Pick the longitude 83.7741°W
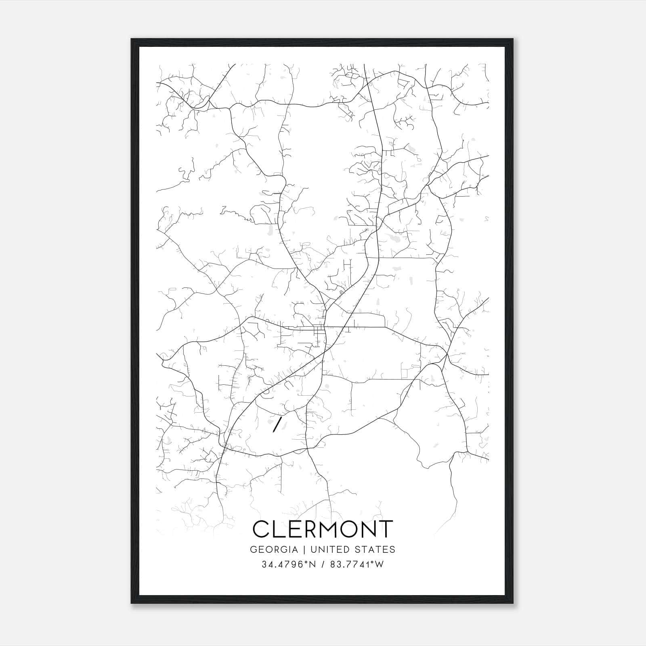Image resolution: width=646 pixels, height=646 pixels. [x=357, y=564]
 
